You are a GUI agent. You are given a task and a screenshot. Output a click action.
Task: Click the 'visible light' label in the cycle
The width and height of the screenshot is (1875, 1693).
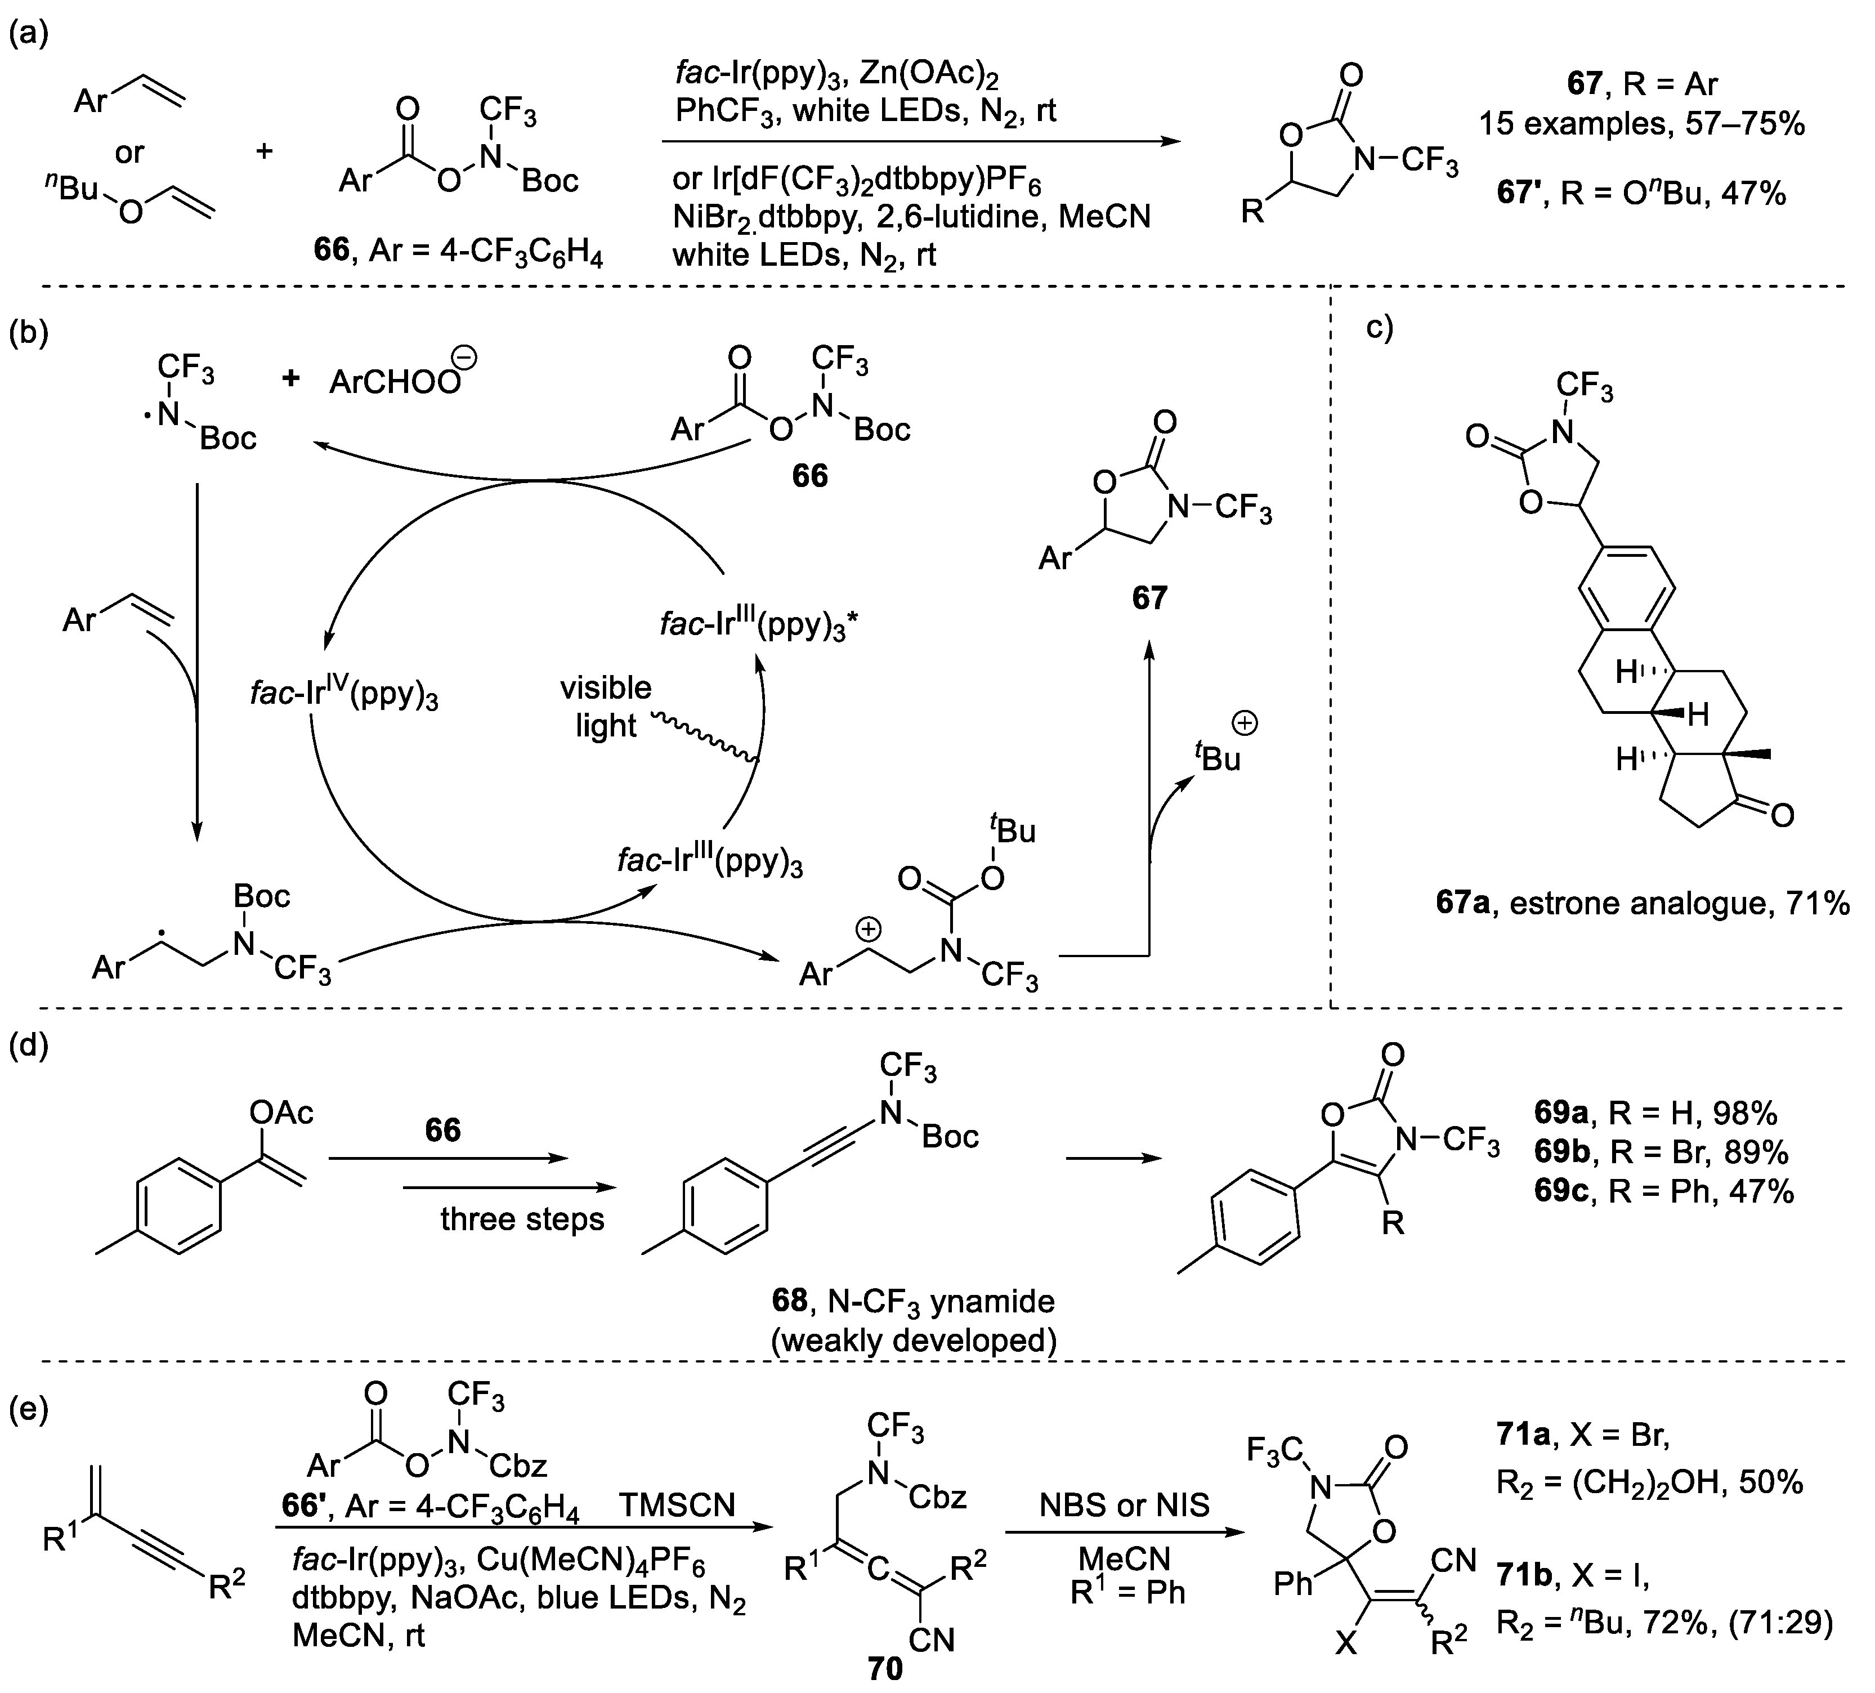(606, 707)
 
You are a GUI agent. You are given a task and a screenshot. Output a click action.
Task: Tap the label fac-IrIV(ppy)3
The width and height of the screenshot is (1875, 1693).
(344, 693)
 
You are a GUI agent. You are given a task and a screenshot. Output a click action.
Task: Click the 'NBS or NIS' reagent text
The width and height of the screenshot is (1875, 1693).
(1125, 1504)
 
